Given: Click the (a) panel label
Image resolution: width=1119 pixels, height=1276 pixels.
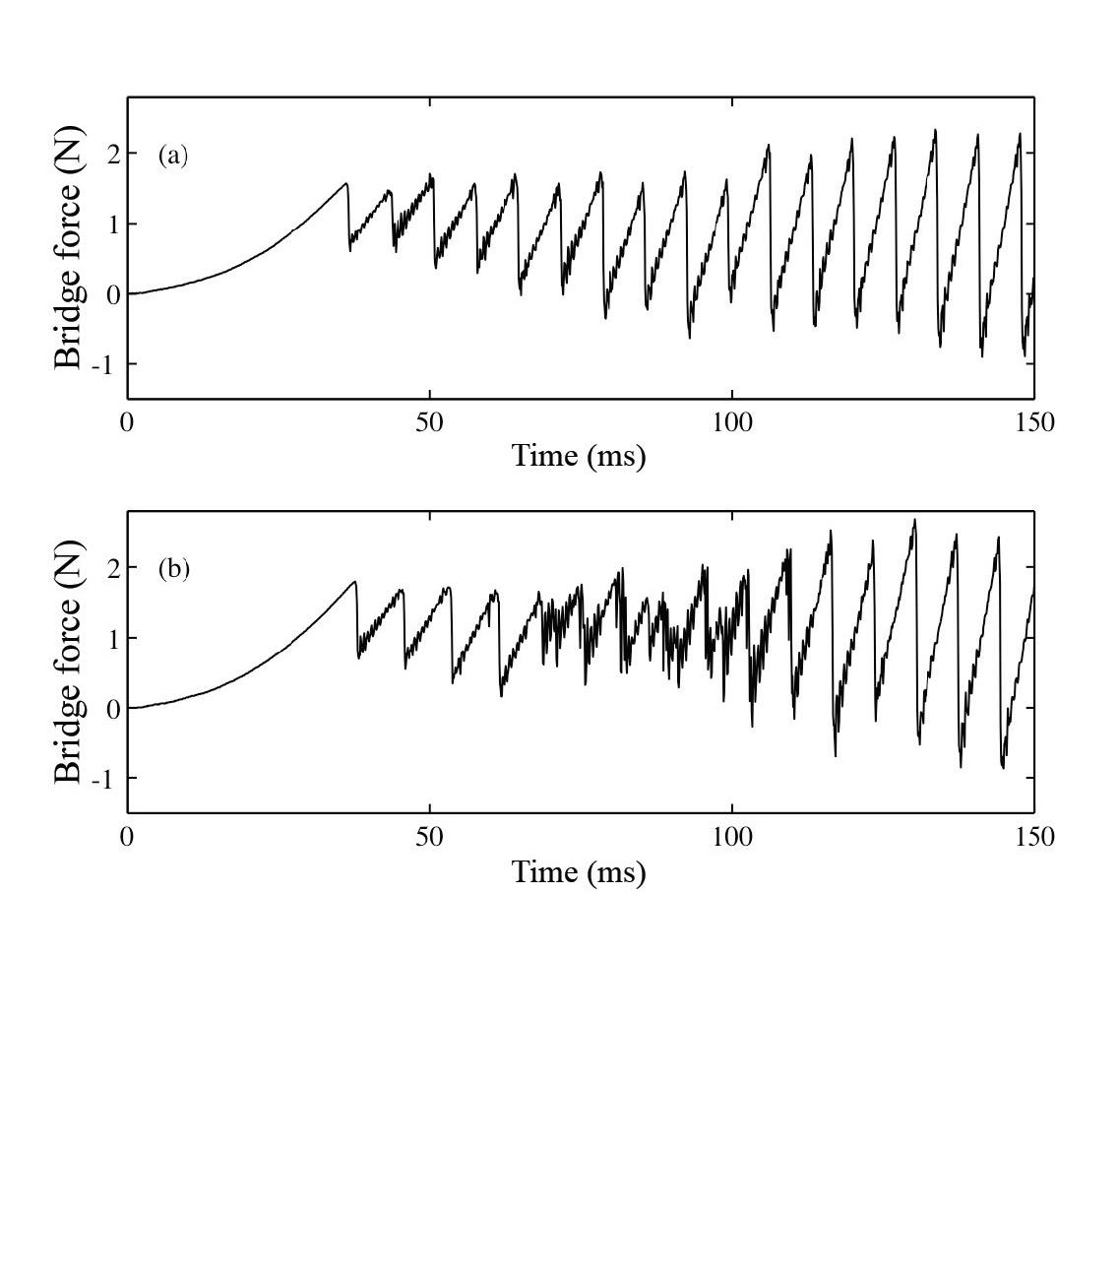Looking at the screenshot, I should pos(172,155).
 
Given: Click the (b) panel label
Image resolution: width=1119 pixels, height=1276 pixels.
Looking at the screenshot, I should pos(173,569).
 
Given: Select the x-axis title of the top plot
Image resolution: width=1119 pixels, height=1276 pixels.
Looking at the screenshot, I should pos(579,456).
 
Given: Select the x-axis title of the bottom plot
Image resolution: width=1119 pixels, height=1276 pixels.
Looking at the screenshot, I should pos(579,871).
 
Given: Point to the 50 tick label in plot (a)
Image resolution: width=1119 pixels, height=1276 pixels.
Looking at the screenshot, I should pos(430,422).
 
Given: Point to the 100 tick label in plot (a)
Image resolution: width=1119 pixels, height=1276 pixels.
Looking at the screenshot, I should pos(732,422).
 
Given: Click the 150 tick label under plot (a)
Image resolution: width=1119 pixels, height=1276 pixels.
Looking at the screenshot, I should pos(1033,422).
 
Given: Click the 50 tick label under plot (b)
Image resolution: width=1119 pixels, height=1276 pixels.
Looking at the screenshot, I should pos(430,837).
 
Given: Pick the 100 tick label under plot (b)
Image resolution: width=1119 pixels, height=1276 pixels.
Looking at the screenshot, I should pos(732,837).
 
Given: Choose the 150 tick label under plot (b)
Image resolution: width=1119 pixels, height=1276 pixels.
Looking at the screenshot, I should pos(1033,837).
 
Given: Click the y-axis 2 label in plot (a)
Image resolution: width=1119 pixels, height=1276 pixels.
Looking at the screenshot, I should pos(113,154).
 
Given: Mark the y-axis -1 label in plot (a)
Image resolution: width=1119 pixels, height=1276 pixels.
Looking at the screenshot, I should pos(109,364).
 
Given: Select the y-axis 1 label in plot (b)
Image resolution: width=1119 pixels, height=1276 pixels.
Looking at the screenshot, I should pos(113,638).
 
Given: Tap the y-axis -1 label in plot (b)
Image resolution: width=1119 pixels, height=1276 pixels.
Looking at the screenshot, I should pos(109,779).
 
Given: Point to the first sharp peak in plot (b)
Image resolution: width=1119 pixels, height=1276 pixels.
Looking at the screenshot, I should pos(354,582).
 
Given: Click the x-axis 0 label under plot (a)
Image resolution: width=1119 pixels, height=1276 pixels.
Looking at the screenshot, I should pos(127,422).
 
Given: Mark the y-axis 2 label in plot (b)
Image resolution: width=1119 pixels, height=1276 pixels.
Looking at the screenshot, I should pos(113,568).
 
